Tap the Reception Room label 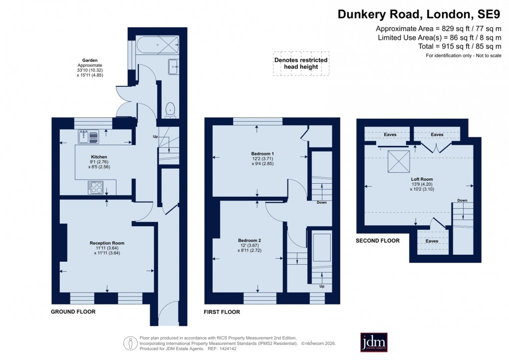tap(107, 243)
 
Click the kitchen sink tap(84, 135)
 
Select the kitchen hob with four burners tap(96, 188)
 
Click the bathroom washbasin tap(173, 66)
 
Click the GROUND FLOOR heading tap(73, 312)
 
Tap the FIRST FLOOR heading tap(222, 312)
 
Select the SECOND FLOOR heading tap(377, 241)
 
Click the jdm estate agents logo tap(374, 342)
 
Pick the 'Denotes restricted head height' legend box tap(301, 63)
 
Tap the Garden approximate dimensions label tap(89, 68)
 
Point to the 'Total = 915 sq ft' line tap(460, 46)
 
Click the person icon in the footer tap(130, 343)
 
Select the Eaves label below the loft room tap(432, 241)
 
